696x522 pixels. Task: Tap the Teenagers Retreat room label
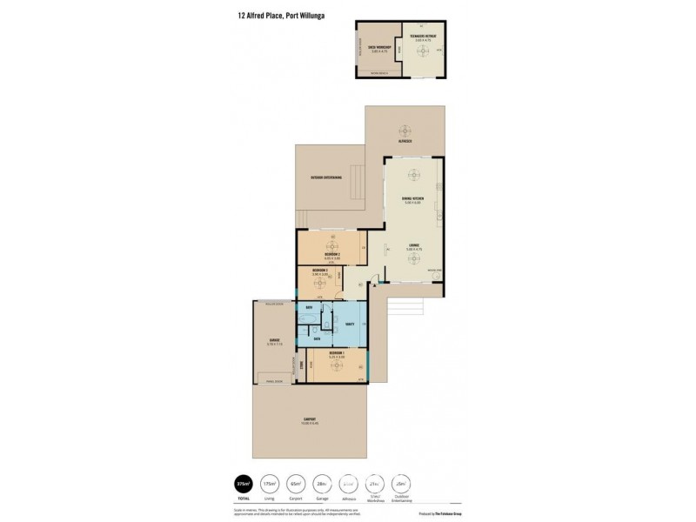pos(422,37)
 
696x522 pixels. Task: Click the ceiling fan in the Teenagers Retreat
pos(422,51)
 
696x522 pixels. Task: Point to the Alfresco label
pos(405,138)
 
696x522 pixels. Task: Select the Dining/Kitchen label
pos(412,199)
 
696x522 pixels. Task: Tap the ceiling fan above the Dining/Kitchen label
pos(412,174)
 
